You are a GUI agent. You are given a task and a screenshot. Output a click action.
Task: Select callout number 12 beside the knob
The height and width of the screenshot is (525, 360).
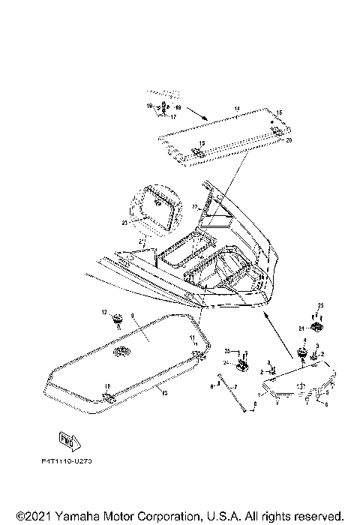[x=105, y=311]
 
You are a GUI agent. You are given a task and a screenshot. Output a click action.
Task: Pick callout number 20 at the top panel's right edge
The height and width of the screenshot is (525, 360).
[x=290, y=140]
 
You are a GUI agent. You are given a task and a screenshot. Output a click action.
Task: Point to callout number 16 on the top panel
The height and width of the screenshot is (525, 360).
[x=280, y=112]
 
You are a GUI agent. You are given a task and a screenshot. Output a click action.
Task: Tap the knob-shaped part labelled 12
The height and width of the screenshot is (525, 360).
[x=118, y=321]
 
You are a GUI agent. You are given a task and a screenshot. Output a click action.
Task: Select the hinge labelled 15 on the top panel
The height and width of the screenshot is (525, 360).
[x=200, y=151]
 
